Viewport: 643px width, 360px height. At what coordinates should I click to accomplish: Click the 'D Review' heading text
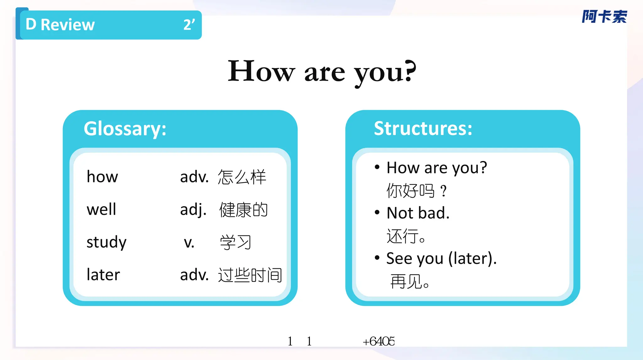coord(60,24)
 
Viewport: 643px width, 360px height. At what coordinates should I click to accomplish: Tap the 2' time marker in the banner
coord(189,24)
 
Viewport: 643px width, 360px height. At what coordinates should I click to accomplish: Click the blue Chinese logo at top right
coord(604,17)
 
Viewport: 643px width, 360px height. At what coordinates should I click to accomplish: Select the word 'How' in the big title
coord(261,72)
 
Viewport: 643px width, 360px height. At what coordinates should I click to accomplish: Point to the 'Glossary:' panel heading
coord(125,129)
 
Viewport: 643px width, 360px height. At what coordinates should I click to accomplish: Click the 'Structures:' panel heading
coord(423,128)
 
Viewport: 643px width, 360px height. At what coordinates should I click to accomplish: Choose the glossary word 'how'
coord(102,177)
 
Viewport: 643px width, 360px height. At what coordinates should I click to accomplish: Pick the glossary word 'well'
coord(101,209)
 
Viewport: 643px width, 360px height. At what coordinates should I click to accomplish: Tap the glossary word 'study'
coord(106,242)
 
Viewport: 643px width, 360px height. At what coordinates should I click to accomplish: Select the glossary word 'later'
coord(103,275)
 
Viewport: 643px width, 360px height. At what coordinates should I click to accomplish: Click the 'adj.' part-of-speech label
coord(193,210)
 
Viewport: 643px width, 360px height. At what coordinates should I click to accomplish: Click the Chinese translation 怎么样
coord(242,177)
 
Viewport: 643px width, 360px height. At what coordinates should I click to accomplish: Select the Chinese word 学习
coord(235,242)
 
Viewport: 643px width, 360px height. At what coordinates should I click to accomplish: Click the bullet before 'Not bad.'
coord(377,212)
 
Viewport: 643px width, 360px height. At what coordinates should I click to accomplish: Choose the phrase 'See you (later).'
coord(441,258)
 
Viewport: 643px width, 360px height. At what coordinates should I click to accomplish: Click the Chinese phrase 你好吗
coord(411,191)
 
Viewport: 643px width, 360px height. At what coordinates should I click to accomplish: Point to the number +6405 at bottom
coord(379,341)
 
